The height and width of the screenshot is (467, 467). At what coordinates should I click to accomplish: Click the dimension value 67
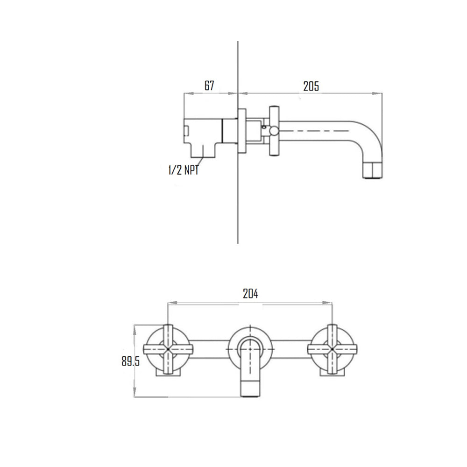click(209, 86)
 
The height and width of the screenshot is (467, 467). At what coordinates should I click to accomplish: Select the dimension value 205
click(311, 86)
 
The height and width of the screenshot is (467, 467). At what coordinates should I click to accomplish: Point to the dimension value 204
click(250, 294)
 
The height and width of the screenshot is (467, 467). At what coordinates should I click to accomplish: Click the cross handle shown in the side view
click(274, 131)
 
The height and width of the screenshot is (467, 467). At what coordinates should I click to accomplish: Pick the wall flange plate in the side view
click(242, 131)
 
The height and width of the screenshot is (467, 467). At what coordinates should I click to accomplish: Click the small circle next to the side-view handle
click(265, 127)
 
